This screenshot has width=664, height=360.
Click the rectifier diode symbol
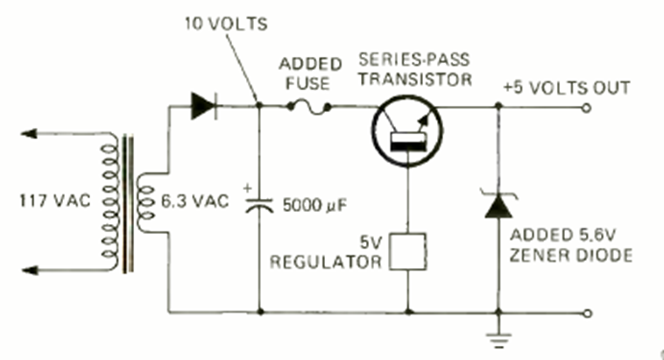pyautogui.click(x=202, y=106)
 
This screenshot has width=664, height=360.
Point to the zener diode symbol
pyautogui.click(x=498, y=207)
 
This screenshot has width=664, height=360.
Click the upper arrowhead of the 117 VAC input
pyautogui.click(x=30, y=134)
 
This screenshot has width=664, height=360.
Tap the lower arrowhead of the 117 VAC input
pyautogui.click(x=30, y=269)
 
